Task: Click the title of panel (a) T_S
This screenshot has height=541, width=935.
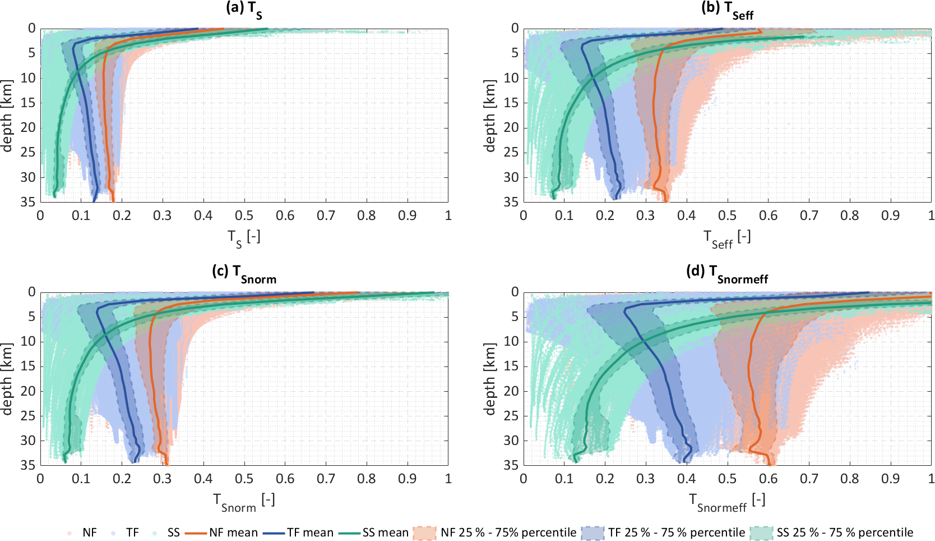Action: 244,8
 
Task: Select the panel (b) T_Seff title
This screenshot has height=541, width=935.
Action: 727,9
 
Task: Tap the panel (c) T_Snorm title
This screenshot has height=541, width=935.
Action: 244,272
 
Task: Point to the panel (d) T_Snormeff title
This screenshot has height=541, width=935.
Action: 727,272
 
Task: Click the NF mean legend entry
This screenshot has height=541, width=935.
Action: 221,533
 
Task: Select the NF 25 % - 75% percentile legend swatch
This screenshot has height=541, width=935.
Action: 424,533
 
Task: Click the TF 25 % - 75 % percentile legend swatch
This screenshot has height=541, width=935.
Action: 593,533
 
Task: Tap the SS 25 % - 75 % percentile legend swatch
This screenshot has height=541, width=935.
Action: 761,533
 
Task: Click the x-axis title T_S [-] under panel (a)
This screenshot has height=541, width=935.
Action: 244,237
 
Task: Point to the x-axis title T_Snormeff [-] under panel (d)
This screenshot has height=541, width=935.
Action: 727,501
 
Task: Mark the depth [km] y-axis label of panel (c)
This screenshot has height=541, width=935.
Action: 7,379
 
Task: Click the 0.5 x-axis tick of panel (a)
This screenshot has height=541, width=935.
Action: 244,216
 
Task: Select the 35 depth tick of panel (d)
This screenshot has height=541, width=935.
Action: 510,465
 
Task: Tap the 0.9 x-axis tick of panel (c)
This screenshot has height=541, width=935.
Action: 407,479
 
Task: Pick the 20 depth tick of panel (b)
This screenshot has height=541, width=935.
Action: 510,127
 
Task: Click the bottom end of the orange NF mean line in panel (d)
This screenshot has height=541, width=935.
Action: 771,464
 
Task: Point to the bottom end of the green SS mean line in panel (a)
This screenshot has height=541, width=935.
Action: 54,196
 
